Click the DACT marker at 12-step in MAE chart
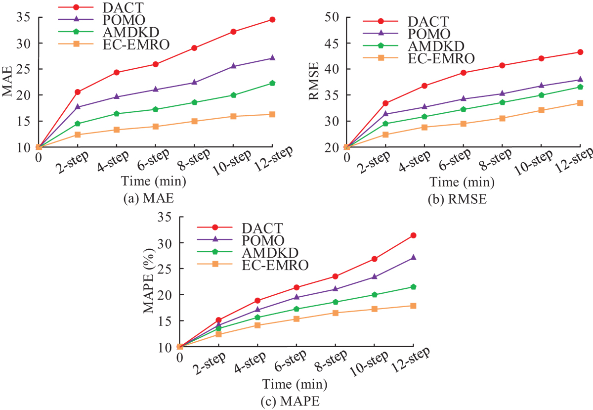[272, 19]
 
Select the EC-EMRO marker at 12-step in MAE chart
[272, 114]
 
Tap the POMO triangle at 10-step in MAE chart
[233, 66]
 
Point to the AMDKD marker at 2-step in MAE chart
[78, 123]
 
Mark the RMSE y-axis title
[314, 81]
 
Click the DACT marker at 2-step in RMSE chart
[385, 103]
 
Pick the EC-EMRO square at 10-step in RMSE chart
[541, 110]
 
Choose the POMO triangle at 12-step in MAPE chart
[413, 257]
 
